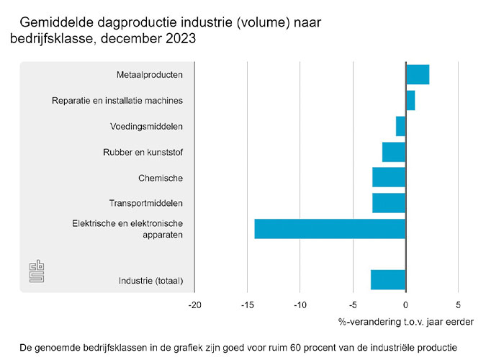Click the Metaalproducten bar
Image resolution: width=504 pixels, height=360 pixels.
pos(418,74)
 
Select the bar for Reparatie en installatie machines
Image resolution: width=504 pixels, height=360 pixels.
pos(410,100)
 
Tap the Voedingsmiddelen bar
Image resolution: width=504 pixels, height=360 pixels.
pos(401,126)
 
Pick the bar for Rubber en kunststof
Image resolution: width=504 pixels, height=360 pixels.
pos(394,152)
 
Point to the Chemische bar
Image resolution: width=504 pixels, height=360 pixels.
pos(389,177)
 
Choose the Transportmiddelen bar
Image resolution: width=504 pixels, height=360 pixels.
pos(389,203)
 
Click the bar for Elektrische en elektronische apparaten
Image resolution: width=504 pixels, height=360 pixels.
pos(330,228)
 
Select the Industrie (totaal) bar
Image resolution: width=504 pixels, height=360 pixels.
pos(388,279)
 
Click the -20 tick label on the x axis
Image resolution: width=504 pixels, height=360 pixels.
pos(194,305)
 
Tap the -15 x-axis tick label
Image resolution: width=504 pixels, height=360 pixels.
pos(247,305)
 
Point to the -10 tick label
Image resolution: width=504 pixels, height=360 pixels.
pos(300,305)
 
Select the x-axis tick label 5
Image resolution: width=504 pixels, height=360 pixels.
pos(458,305)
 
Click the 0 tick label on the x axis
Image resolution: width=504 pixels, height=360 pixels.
pos(405,305)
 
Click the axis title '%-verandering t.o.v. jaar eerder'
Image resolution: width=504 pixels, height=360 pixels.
pos(405,322)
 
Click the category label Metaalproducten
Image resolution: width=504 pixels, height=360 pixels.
pos(149,75)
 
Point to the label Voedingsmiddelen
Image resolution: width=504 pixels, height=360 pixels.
pos(146,127)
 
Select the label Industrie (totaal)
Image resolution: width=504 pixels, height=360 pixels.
pos(150,280)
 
